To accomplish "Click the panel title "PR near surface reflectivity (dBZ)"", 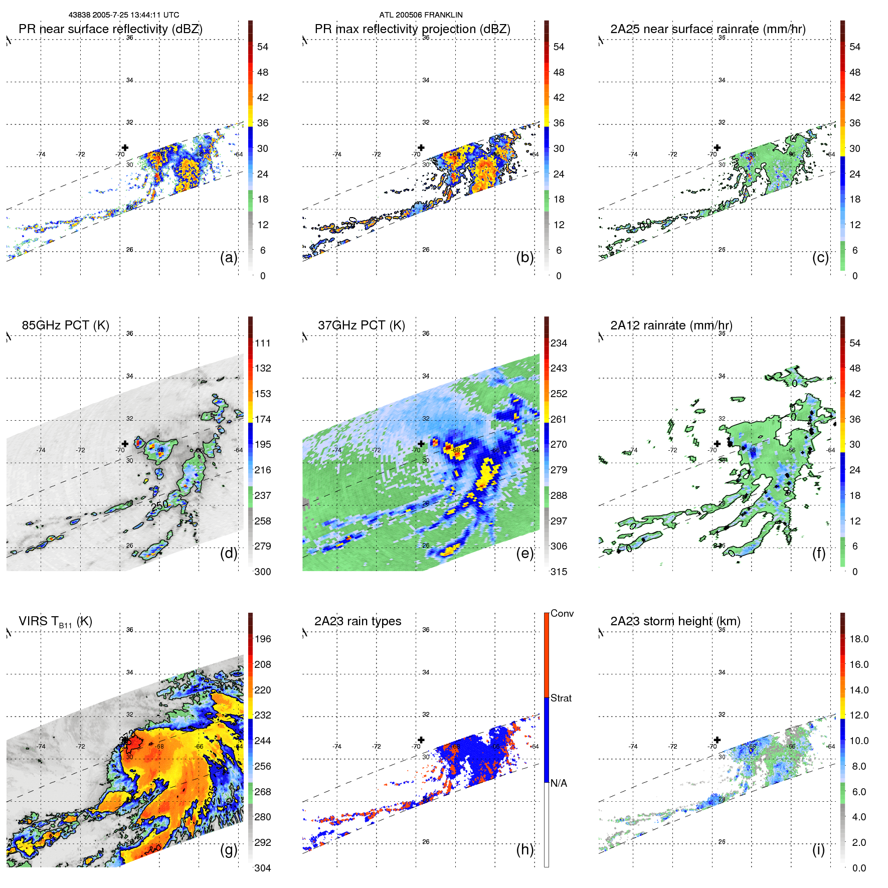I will coord(110,29).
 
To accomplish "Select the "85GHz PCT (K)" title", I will coord(65,325).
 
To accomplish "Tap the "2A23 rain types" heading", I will coord(358,621).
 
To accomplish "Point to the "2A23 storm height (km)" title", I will coord(675,621).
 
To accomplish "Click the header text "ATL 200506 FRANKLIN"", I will coord(421,15).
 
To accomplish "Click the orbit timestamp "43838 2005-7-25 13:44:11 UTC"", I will coord(124,15).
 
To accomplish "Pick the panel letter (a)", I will coord(229,257).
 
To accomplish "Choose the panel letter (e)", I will coord(524,553).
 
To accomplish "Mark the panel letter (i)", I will coord(818,849).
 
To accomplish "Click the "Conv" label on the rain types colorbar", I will coord(562,613).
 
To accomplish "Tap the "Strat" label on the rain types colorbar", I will coord(561,698).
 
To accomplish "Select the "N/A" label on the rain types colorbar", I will coord(559,783).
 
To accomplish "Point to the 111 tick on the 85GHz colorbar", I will coord(262,343).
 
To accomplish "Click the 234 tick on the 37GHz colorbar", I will coord(559,343).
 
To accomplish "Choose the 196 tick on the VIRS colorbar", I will coord(262,639).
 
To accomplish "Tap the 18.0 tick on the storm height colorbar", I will coord(858,639).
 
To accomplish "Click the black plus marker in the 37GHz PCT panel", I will coord(421,444).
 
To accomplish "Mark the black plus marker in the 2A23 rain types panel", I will coord(421,740).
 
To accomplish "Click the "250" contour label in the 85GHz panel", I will coord(159,505).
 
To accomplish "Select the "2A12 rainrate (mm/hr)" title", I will coord(671,325).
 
